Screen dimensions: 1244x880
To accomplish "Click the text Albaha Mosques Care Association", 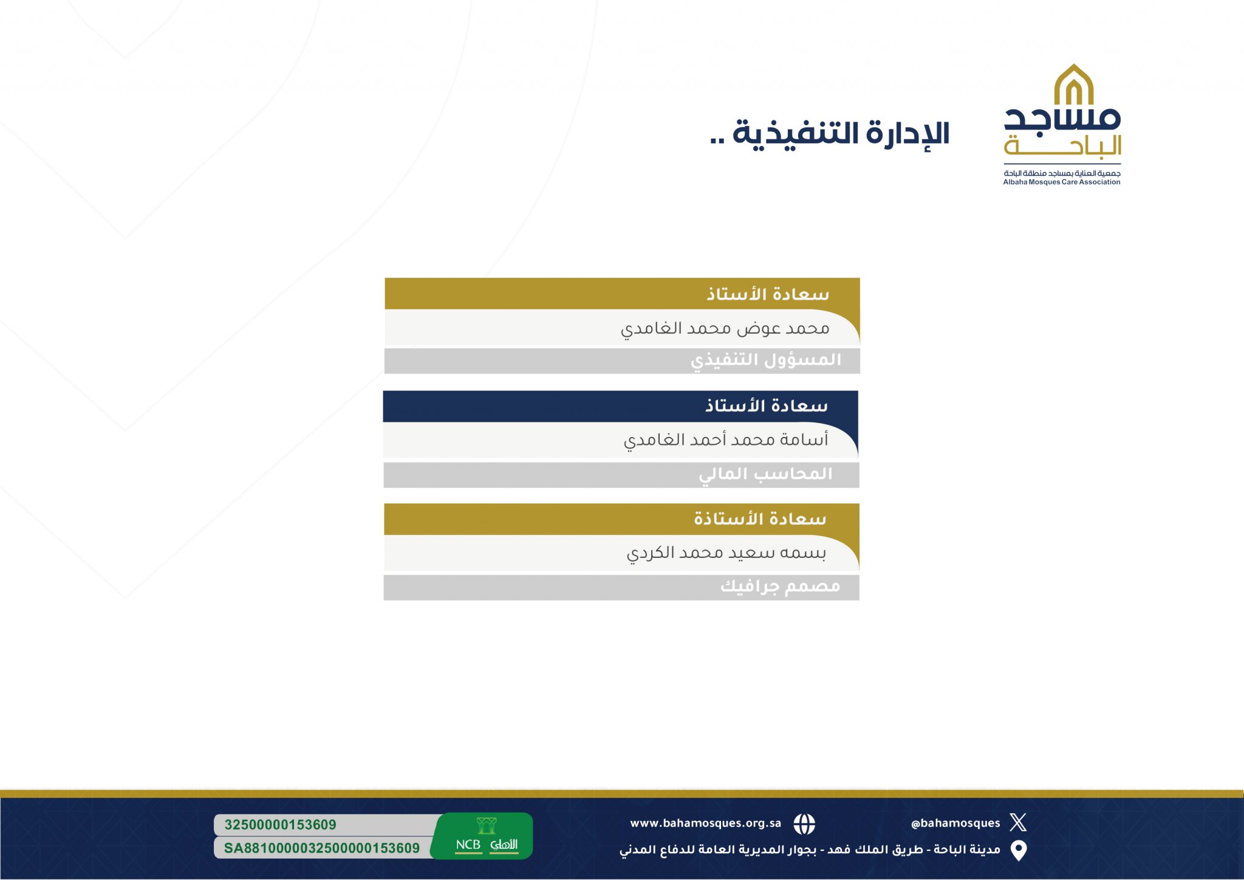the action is click(1062, 182).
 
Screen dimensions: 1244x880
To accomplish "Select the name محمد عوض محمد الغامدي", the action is click(725, 329).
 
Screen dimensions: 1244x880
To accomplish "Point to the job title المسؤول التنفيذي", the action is click(766, 360).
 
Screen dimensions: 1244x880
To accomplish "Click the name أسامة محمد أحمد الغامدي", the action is click(726, 439).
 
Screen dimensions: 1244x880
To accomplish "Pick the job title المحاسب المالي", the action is click(765, 474).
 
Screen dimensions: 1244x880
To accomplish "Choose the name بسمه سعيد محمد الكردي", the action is click(726, 553).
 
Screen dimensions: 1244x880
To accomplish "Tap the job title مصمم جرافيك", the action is click(780, 586).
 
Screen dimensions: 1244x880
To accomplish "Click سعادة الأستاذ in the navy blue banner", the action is click(766, 405).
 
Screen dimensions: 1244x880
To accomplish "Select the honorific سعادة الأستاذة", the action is click(760, 518).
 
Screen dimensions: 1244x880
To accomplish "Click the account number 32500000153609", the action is click(280, 825).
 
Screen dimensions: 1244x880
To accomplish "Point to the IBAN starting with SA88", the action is click(321, 848).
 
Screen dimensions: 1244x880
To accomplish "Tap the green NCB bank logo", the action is click(485, 836).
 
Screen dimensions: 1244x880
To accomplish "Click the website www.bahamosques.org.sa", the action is click(705, 823).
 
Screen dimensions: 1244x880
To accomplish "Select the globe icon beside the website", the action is click(804, 824).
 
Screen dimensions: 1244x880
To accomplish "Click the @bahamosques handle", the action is click(955, 823).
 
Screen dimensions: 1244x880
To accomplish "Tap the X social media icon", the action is click(1018, 822).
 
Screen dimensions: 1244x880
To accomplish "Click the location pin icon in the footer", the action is click(1019, 851).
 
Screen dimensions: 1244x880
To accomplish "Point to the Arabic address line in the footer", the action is click(810, 850).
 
